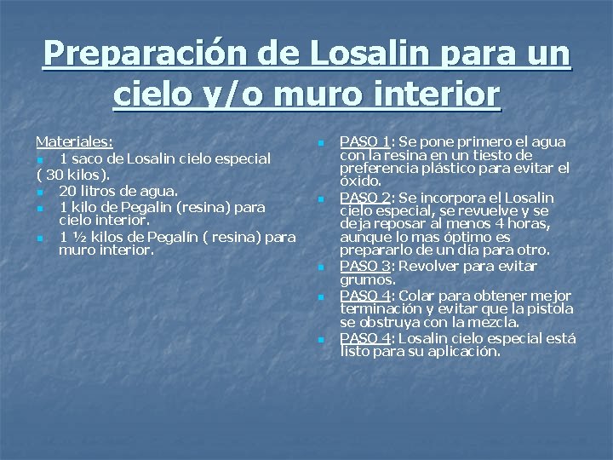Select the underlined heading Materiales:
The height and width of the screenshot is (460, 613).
[x=75, y=141]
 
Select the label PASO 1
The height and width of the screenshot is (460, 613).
[x=365, y=141]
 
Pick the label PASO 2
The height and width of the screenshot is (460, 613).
[x=365, y=198]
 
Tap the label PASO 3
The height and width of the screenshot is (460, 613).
[x=365, y=266]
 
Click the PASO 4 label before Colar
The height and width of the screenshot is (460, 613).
[x=365, y=295]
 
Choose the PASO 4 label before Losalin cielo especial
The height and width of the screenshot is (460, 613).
[x=365, y=337]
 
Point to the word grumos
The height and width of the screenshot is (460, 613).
[x=367, y=279]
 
